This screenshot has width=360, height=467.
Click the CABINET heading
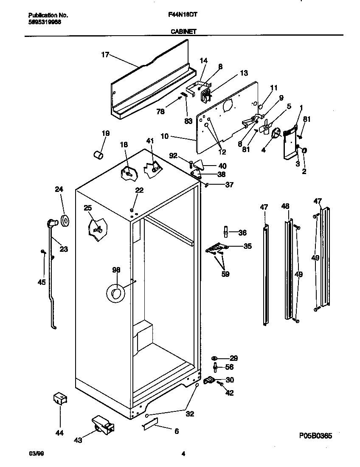point(183,31)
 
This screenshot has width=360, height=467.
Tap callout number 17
point(105,55)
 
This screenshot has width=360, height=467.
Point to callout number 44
point(59,433)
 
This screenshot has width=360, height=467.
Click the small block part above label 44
point(60,399)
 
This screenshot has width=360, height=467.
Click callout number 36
point(242,233)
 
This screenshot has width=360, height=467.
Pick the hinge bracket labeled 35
point(217,248)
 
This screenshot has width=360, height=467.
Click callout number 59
point(225,274)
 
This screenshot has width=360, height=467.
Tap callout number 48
point(285,207)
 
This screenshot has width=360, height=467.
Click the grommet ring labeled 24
point(65,221)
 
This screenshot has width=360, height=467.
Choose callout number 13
point(244,73)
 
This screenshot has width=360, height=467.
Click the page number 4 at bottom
point(183,454)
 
